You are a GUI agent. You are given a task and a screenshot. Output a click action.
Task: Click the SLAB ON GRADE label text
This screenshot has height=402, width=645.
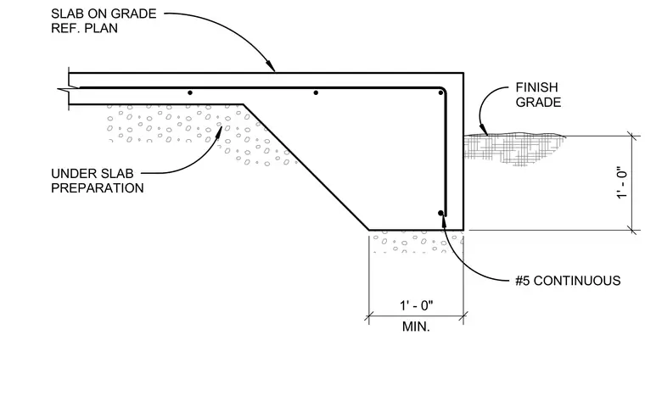[104, 14]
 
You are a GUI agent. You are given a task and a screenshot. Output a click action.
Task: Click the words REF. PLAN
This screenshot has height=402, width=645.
[84, 28]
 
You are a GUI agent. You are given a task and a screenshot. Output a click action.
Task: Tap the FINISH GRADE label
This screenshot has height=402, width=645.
[538, 94]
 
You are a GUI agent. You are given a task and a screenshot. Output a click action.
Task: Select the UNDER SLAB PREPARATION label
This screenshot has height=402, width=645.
[98, 181]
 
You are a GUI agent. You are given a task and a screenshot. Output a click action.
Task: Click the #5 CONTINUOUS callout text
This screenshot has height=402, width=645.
[568, 281]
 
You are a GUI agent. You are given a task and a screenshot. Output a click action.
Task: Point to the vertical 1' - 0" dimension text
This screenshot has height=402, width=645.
[622, 183]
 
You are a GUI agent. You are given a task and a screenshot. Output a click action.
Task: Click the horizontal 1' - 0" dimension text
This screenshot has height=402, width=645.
[417, 305]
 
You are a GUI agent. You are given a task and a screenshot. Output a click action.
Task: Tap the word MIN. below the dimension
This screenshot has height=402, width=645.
[416, 327]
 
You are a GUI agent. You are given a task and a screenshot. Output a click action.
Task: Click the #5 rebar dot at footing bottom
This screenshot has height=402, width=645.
[440, 213]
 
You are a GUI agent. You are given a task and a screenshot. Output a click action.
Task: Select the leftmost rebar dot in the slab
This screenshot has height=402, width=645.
[190, 93]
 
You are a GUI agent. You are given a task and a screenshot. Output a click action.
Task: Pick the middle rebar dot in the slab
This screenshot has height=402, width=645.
[316, 93]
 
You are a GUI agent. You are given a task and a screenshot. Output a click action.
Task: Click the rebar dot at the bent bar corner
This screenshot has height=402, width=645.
[440, 93]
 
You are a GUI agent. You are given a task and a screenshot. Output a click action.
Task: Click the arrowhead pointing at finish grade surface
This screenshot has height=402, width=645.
[484, 131]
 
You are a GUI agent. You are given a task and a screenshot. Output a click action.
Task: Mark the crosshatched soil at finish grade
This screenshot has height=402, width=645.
[512, 148]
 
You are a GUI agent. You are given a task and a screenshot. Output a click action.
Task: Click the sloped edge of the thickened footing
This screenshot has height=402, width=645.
[306, 167]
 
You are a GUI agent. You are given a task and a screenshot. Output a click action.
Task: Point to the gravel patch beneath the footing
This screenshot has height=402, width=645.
[417, 242]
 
